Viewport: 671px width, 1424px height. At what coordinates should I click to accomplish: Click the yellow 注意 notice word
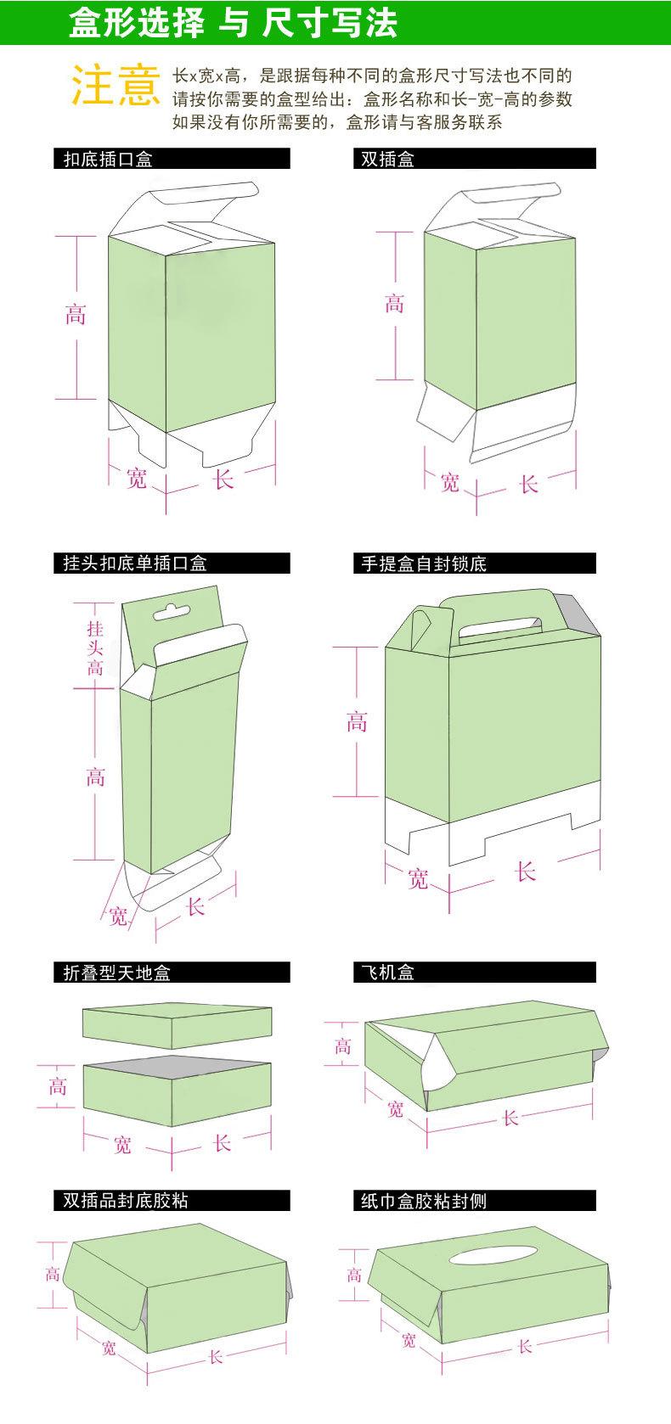click(116, 86)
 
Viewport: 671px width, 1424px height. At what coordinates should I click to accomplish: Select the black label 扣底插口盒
click(109, 159)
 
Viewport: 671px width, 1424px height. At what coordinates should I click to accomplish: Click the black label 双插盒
click(387, 159)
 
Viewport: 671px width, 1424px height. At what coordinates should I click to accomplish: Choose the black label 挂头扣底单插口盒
click(135, 563)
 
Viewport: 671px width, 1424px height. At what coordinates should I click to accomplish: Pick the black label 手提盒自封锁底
click(424, 563)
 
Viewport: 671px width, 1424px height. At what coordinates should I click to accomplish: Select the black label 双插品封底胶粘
click(126, 1201)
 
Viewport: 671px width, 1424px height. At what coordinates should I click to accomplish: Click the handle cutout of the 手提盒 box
click(499, 627)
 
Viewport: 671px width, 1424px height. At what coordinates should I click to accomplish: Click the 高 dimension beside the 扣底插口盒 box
click(76, 316)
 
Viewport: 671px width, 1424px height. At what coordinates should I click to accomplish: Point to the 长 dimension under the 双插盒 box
click(528, 485)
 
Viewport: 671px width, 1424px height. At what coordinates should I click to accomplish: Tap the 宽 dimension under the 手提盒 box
click(418, 878)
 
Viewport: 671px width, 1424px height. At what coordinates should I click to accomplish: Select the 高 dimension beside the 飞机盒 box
click(342, 1046)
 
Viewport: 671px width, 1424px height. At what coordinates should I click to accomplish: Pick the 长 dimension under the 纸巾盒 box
click(524, 1346)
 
